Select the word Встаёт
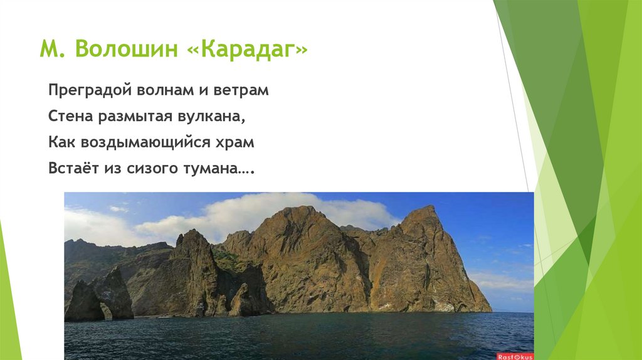[71, 169]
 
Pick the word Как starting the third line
[61, 142]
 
